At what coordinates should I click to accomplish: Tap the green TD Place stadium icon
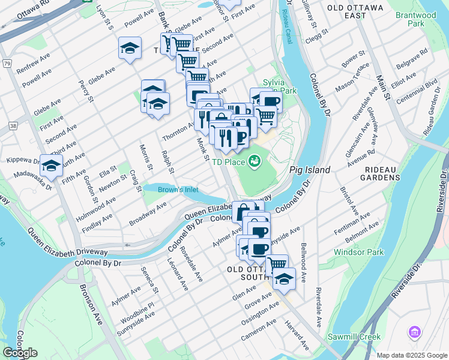coord(254,161)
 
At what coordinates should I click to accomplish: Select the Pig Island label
coord(310,170)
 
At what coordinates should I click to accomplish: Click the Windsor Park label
coord(358,252)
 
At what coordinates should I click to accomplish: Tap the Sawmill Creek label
coord(354,337)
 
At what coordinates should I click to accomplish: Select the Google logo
coord(20,353)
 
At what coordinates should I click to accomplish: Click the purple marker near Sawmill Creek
coord(414,332)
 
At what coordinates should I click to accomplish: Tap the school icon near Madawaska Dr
coord(51,165)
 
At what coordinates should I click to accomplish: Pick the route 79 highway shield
coord(7,63)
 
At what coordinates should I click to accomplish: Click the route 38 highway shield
coord(13,126)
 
